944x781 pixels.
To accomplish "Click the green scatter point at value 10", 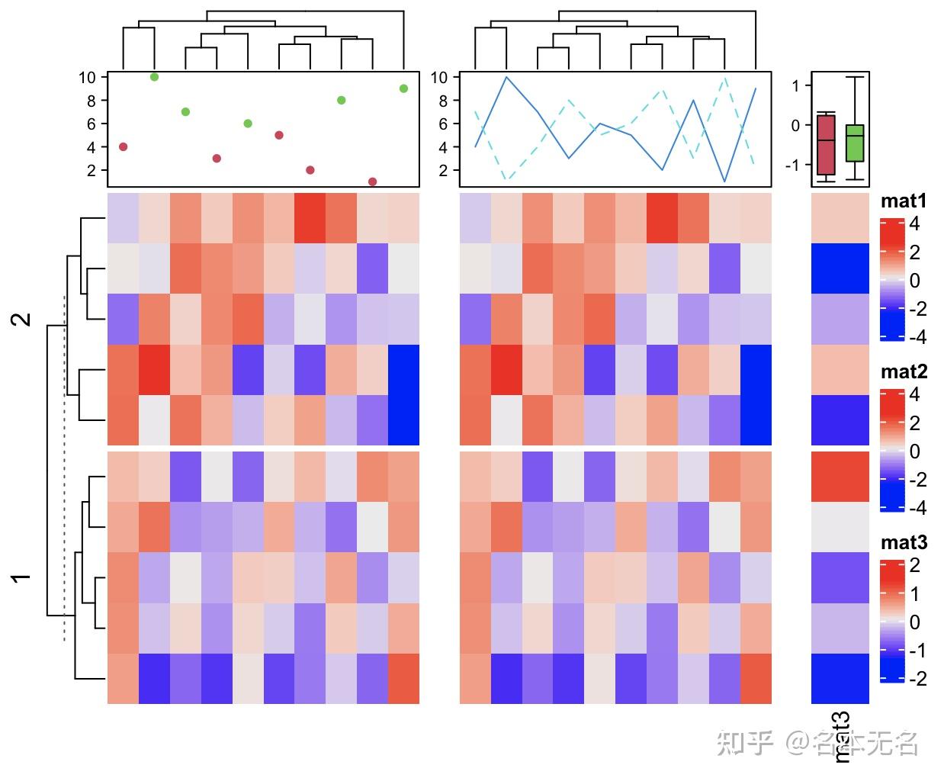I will click(x=155, y=77).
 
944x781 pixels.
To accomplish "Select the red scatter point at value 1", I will click(x=372, y=182).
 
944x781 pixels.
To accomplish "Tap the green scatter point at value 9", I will click(x=403, y=88).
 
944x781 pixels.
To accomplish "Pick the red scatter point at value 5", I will click(x=279, y=135).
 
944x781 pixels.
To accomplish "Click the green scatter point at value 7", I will click(x=185, y=112).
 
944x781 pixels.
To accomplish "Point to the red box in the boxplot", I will click(x=826, y=145).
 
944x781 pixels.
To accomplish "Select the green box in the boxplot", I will click(x=855, y=143).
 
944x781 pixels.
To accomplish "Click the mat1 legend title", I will click(x=904, y=201).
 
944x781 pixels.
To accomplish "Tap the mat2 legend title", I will click(x=904, y=372).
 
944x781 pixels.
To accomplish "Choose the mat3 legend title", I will click(x=904, y=543).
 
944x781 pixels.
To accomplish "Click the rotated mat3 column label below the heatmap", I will click(x=840, y=737).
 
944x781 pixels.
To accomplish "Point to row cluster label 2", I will click(x=24, y=319).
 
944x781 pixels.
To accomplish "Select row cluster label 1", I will click(x=24, y=577).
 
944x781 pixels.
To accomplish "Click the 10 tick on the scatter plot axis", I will click(x=87, y=77).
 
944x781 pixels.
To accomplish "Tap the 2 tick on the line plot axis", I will click(x=440, y=170).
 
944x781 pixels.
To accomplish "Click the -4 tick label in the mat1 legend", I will click(x=917, y=336).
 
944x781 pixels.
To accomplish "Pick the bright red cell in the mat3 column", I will click(x=840, y=476).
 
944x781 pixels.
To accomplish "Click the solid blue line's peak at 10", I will click(x=506, y=77).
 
